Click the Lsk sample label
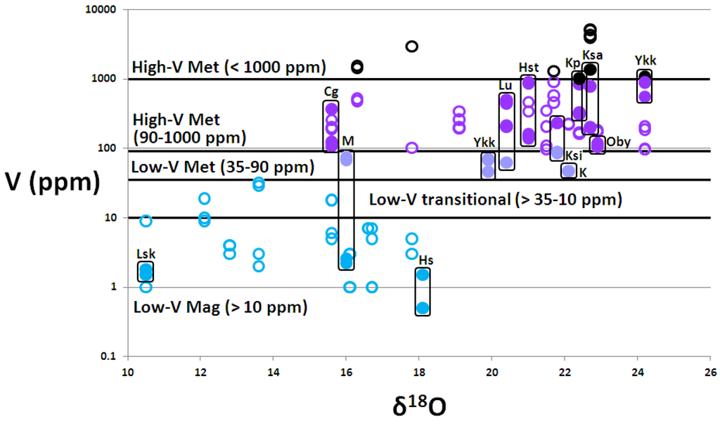[146, 253]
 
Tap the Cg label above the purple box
[331, 91]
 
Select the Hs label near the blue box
[425, 259]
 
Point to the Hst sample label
[528, 67]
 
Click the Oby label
[618, 142]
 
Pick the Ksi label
[574, 155]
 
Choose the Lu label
[505, 85]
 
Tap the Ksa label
[592, 54]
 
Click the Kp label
[573, 63]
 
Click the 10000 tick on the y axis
[102, 11]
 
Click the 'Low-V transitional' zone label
[495, 200]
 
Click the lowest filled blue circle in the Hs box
[423, 308]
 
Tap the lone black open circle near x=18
[412, 46]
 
